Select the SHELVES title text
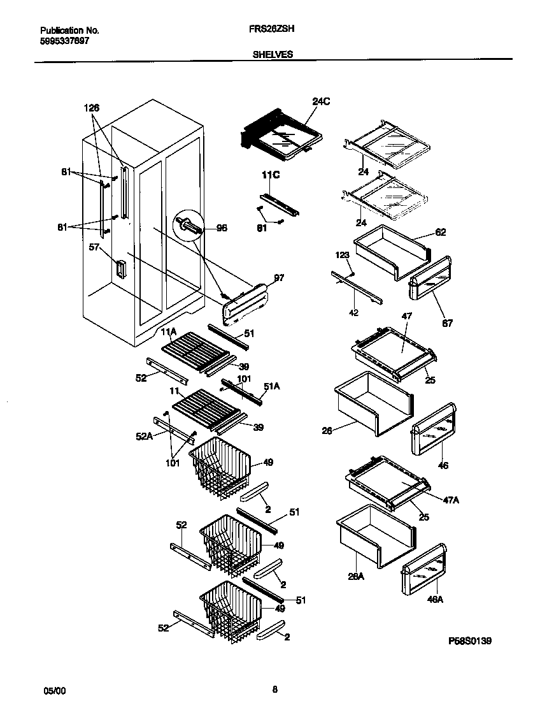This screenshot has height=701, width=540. (273, 55)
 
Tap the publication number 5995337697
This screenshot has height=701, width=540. (64, 40)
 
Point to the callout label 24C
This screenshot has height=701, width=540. (322, 101)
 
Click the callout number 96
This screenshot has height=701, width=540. (222, 228)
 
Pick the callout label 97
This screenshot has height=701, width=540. (279, 278)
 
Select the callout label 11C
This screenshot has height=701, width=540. (271, 174)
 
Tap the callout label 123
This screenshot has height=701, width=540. (343, 255)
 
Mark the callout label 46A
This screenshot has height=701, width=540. (436, 599)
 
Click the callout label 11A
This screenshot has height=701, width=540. (168, 332)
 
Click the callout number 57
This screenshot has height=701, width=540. (94, 247)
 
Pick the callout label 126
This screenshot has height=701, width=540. (92, 108)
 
